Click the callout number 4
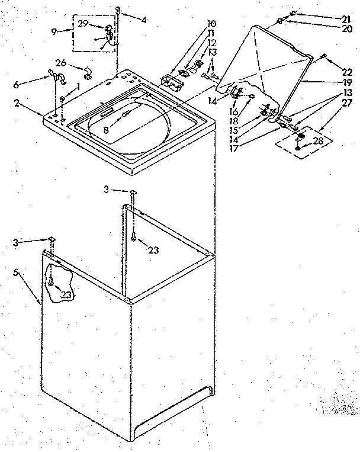tap(144, 20)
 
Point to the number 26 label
tap(60, 63)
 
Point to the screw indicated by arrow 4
tap(118, 10)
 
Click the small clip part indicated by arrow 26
tap(88, 73)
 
